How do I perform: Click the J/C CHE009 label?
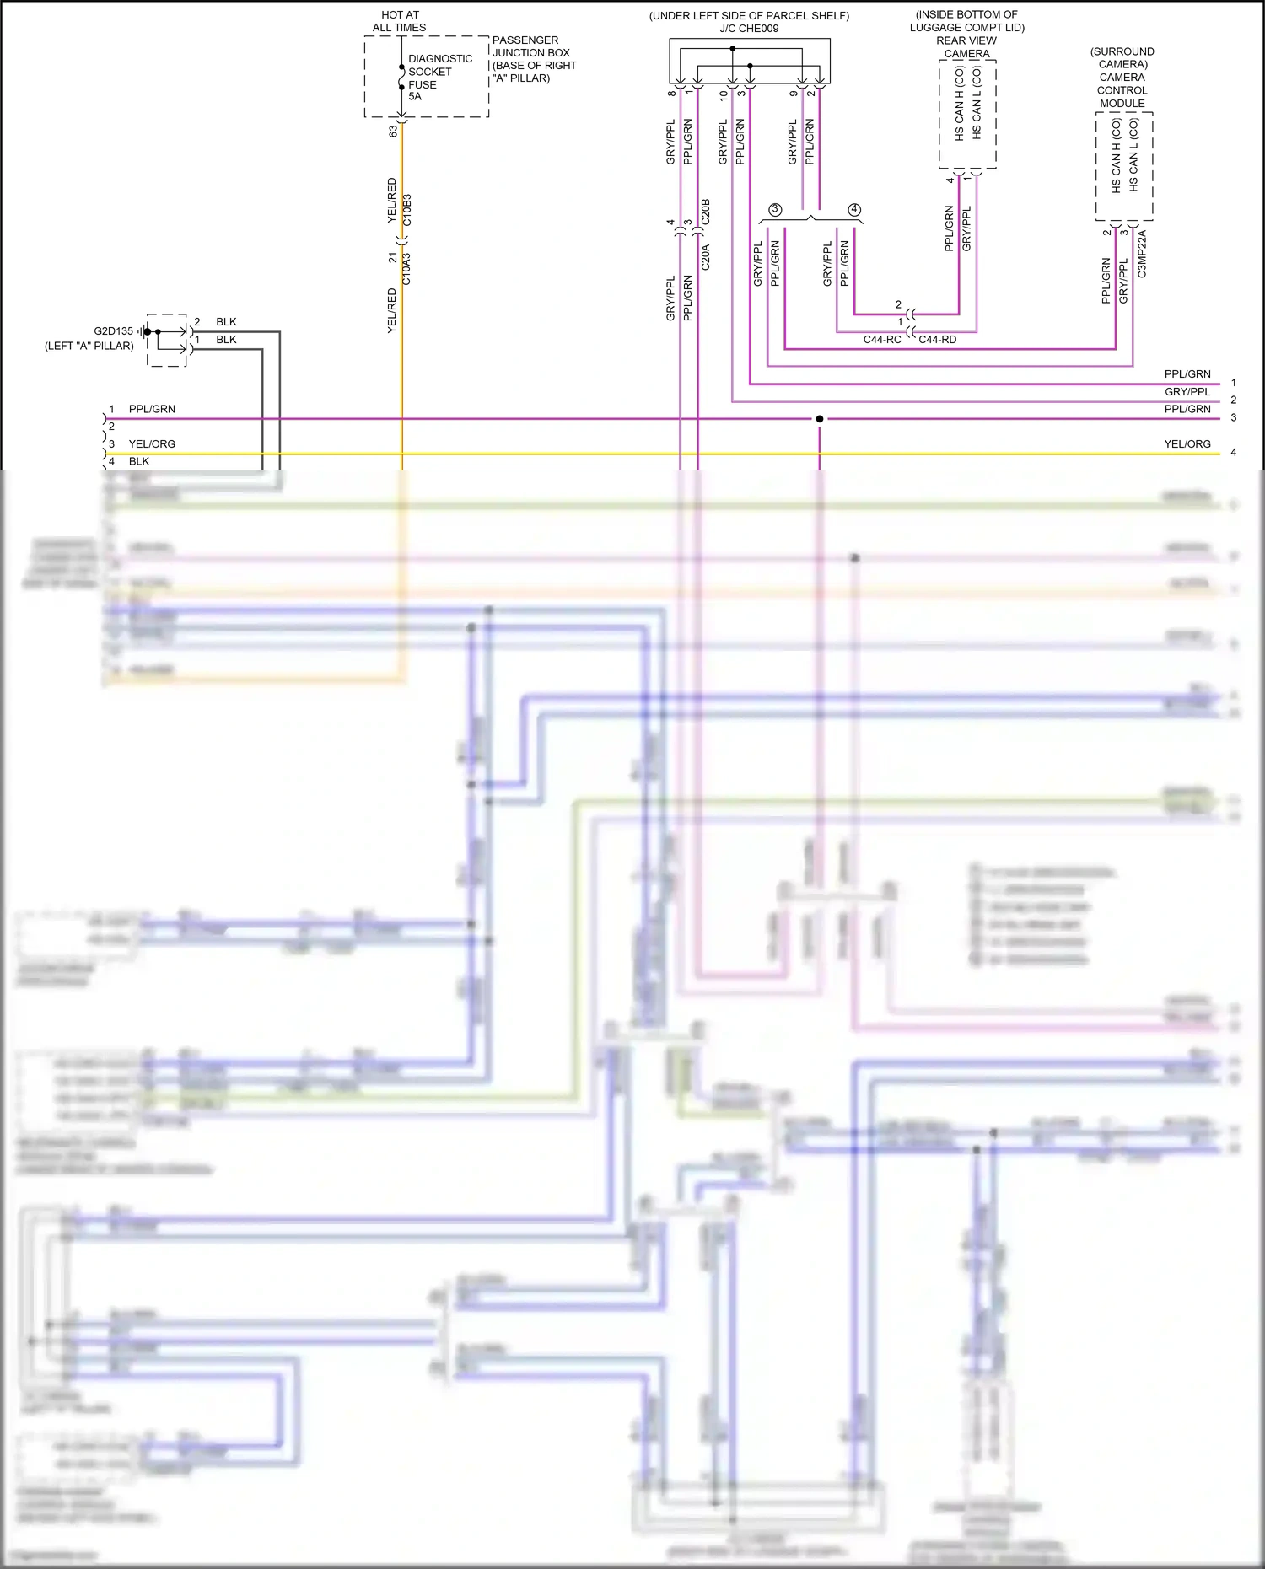749,29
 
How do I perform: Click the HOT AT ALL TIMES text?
399,21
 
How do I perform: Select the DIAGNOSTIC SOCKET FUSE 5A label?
439,78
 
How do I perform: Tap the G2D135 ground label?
113,331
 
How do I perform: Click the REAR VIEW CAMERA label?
966,47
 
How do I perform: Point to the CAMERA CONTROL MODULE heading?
1122,90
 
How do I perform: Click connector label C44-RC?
881,340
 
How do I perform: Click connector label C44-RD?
937,340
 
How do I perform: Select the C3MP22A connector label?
1142,254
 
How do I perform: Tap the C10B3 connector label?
407,210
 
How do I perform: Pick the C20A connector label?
706,256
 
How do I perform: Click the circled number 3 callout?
775,209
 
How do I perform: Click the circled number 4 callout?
854,209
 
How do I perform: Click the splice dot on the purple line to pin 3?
819,419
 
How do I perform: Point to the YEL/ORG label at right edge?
1187,444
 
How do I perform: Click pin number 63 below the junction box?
393,132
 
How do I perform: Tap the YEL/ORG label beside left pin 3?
152,444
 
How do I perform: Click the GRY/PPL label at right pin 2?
1187,392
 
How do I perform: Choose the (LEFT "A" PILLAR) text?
89,346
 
